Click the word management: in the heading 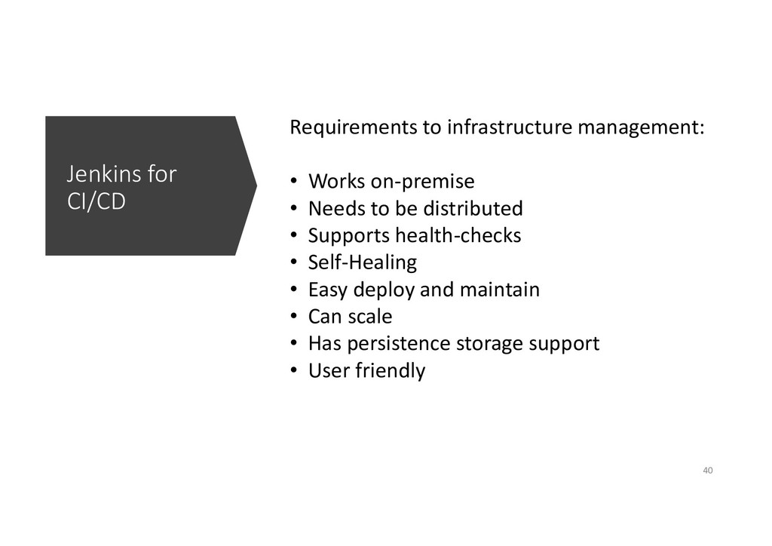641,127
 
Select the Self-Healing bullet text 363,262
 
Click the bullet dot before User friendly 294,371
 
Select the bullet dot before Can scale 294,317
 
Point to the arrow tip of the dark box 256,186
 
